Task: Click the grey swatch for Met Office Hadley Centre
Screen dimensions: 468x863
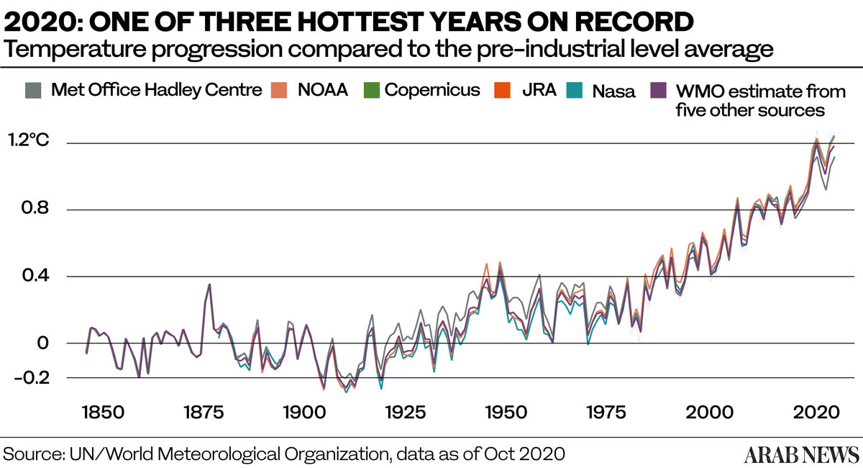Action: click(32, 91)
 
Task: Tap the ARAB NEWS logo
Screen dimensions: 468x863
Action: click(800, 454)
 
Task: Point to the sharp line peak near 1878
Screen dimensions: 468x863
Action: click(209, 284)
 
